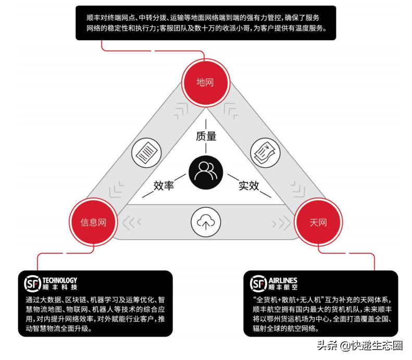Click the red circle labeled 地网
tap(205, 82)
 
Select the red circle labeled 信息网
tap(93, 222)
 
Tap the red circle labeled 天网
tap(318, 222)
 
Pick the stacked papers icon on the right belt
tap(265, 153)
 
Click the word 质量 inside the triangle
tap(206, 136)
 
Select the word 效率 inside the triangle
tap(164, 186)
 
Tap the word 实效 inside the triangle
tap(248, 186)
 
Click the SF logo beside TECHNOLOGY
tap(32, 283)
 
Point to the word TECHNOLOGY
tap(59, 280)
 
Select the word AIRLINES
tap(283, 280)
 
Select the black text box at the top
tap(206, 23)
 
